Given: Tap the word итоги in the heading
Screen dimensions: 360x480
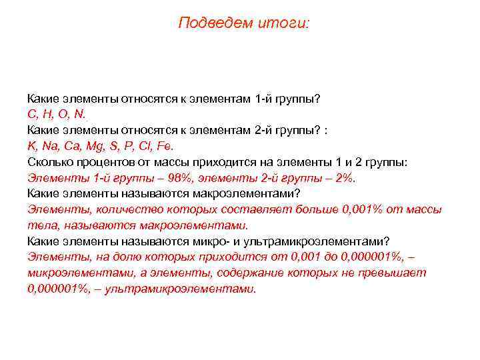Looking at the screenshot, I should tap(287, 23).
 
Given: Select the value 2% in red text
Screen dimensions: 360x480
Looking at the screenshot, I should tap(345, 178).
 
